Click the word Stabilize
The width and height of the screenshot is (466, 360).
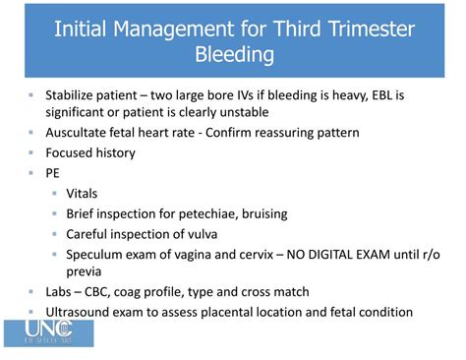tap(75, 96)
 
